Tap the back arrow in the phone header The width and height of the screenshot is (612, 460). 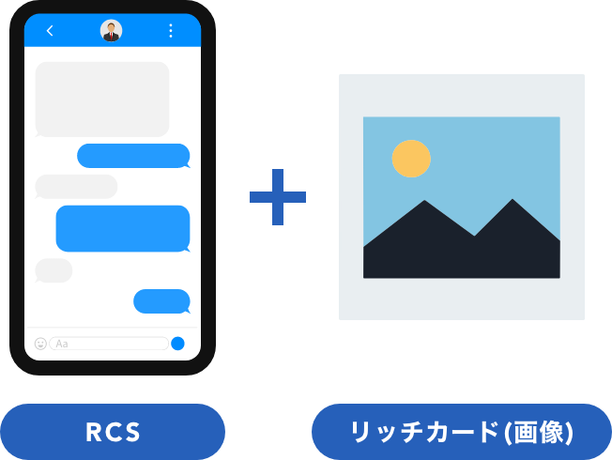point(50,31)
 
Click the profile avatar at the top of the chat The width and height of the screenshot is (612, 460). point(112,31)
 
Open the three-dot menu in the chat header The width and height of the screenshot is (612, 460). point(170,31)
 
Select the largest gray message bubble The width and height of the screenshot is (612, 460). point(102,100)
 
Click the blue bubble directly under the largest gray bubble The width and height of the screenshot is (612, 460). point(133,156)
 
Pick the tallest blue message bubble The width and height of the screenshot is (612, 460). point(123,228)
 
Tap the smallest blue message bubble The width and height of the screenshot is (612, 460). point(161,301)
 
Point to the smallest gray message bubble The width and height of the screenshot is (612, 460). point(54,270)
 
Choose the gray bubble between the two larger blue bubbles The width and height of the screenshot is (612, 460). point(76,186)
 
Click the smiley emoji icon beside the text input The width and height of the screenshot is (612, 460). point(40,344)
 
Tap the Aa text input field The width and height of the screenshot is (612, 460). point(109,344)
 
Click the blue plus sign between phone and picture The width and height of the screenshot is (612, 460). point(278,197)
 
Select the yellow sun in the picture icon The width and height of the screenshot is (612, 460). point(411,159)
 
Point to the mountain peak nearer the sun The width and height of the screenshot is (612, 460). point(424,203)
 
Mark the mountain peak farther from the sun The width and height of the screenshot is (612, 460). point(513,201)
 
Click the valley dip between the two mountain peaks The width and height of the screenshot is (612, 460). point(475,235)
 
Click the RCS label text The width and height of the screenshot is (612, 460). point(113,433)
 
